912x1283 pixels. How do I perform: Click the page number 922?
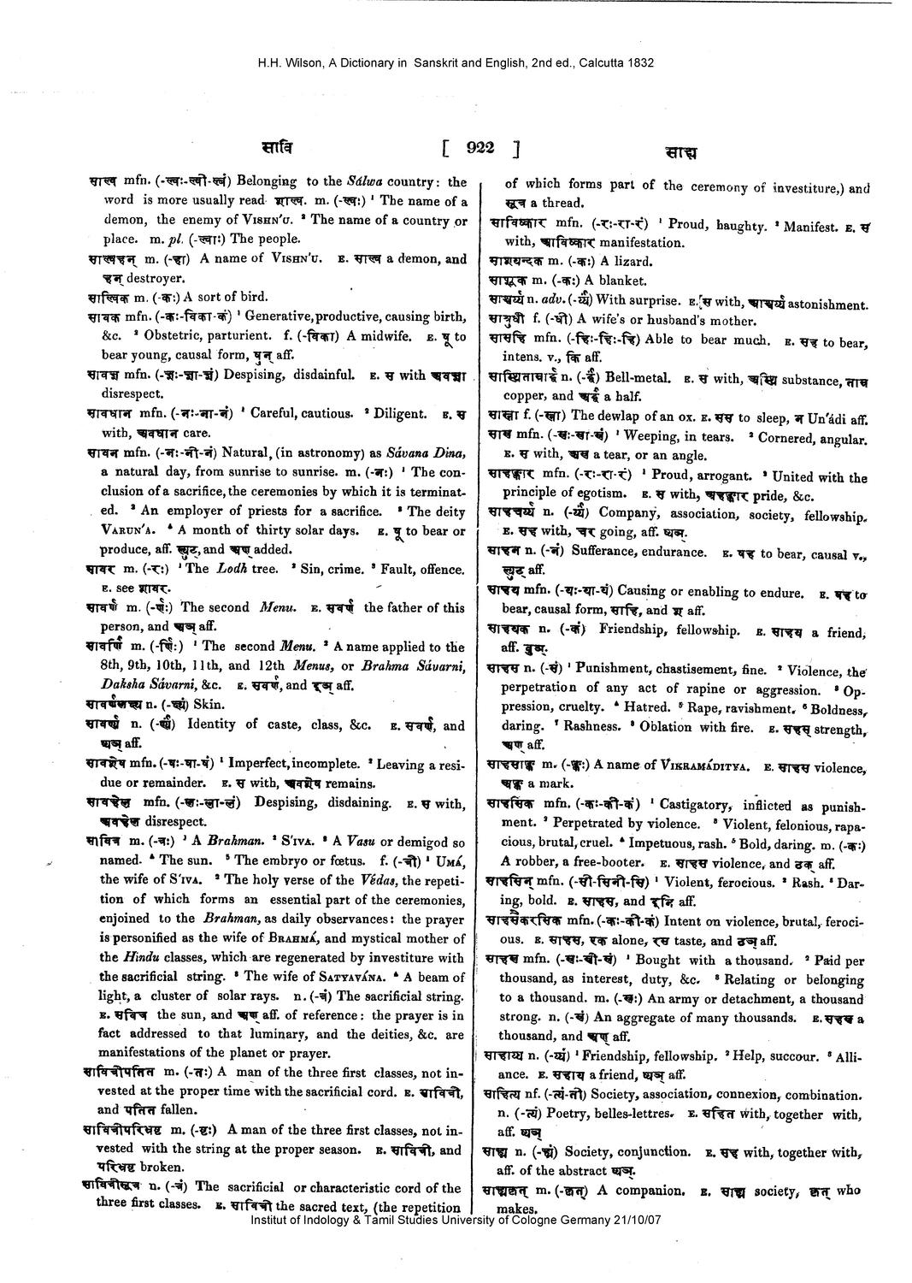481,148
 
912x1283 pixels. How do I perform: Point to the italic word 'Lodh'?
228,569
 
